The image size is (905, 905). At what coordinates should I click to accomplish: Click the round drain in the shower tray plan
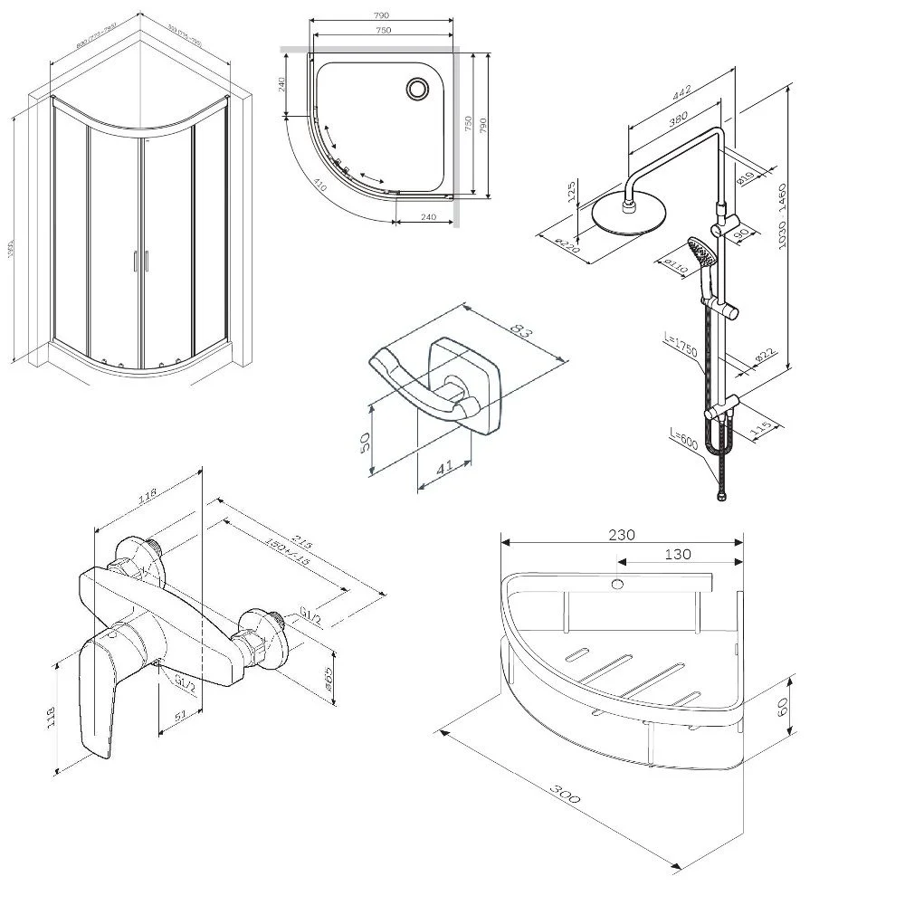tap(418, 89)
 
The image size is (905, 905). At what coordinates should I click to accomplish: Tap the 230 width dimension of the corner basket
tap(621, 534)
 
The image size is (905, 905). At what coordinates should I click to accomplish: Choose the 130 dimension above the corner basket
tap(677, 554)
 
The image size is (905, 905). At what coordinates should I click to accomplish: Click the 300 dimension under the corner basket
tap(566, 795)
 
